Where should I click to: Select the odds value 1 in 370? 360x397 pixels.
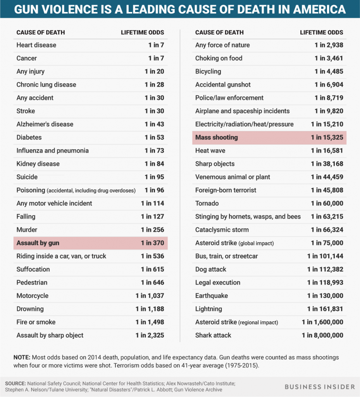pos(152,243)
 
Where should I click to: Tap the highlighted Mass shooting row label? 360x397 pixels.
pos(216,138)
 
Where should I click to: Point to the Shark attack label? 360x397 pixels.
pos(213,335)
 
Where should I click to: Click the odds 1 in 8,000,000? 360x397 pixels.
pos(322,335)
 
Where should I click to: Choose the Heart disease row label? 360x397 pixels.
pos(36,45)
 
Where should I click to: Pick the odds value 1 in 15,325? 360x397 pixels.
pos(327,138)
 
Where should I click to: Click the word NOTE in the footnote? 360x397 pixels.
pos(22,357)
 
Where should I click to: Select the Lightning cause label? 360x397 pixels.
pos(208,309)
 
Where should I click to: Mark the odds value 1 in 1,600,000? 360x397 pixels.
pos(322,322)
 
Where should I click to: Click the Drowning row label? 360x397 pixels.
pos(30,309)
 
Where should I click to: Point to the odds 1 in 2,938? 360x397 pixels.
pos(329,45)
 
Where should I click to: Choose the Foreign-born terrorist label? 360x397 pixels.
pos(226,190)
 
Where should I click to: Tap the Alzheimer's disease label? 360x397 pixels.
pos(45,124)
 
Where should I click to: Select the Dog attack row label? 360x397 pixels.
pos(210,269)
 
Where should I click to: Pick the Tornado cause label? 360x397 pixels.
pos(207,204)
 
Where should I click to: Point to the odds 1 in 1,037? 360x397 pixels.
pos(150,296)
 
